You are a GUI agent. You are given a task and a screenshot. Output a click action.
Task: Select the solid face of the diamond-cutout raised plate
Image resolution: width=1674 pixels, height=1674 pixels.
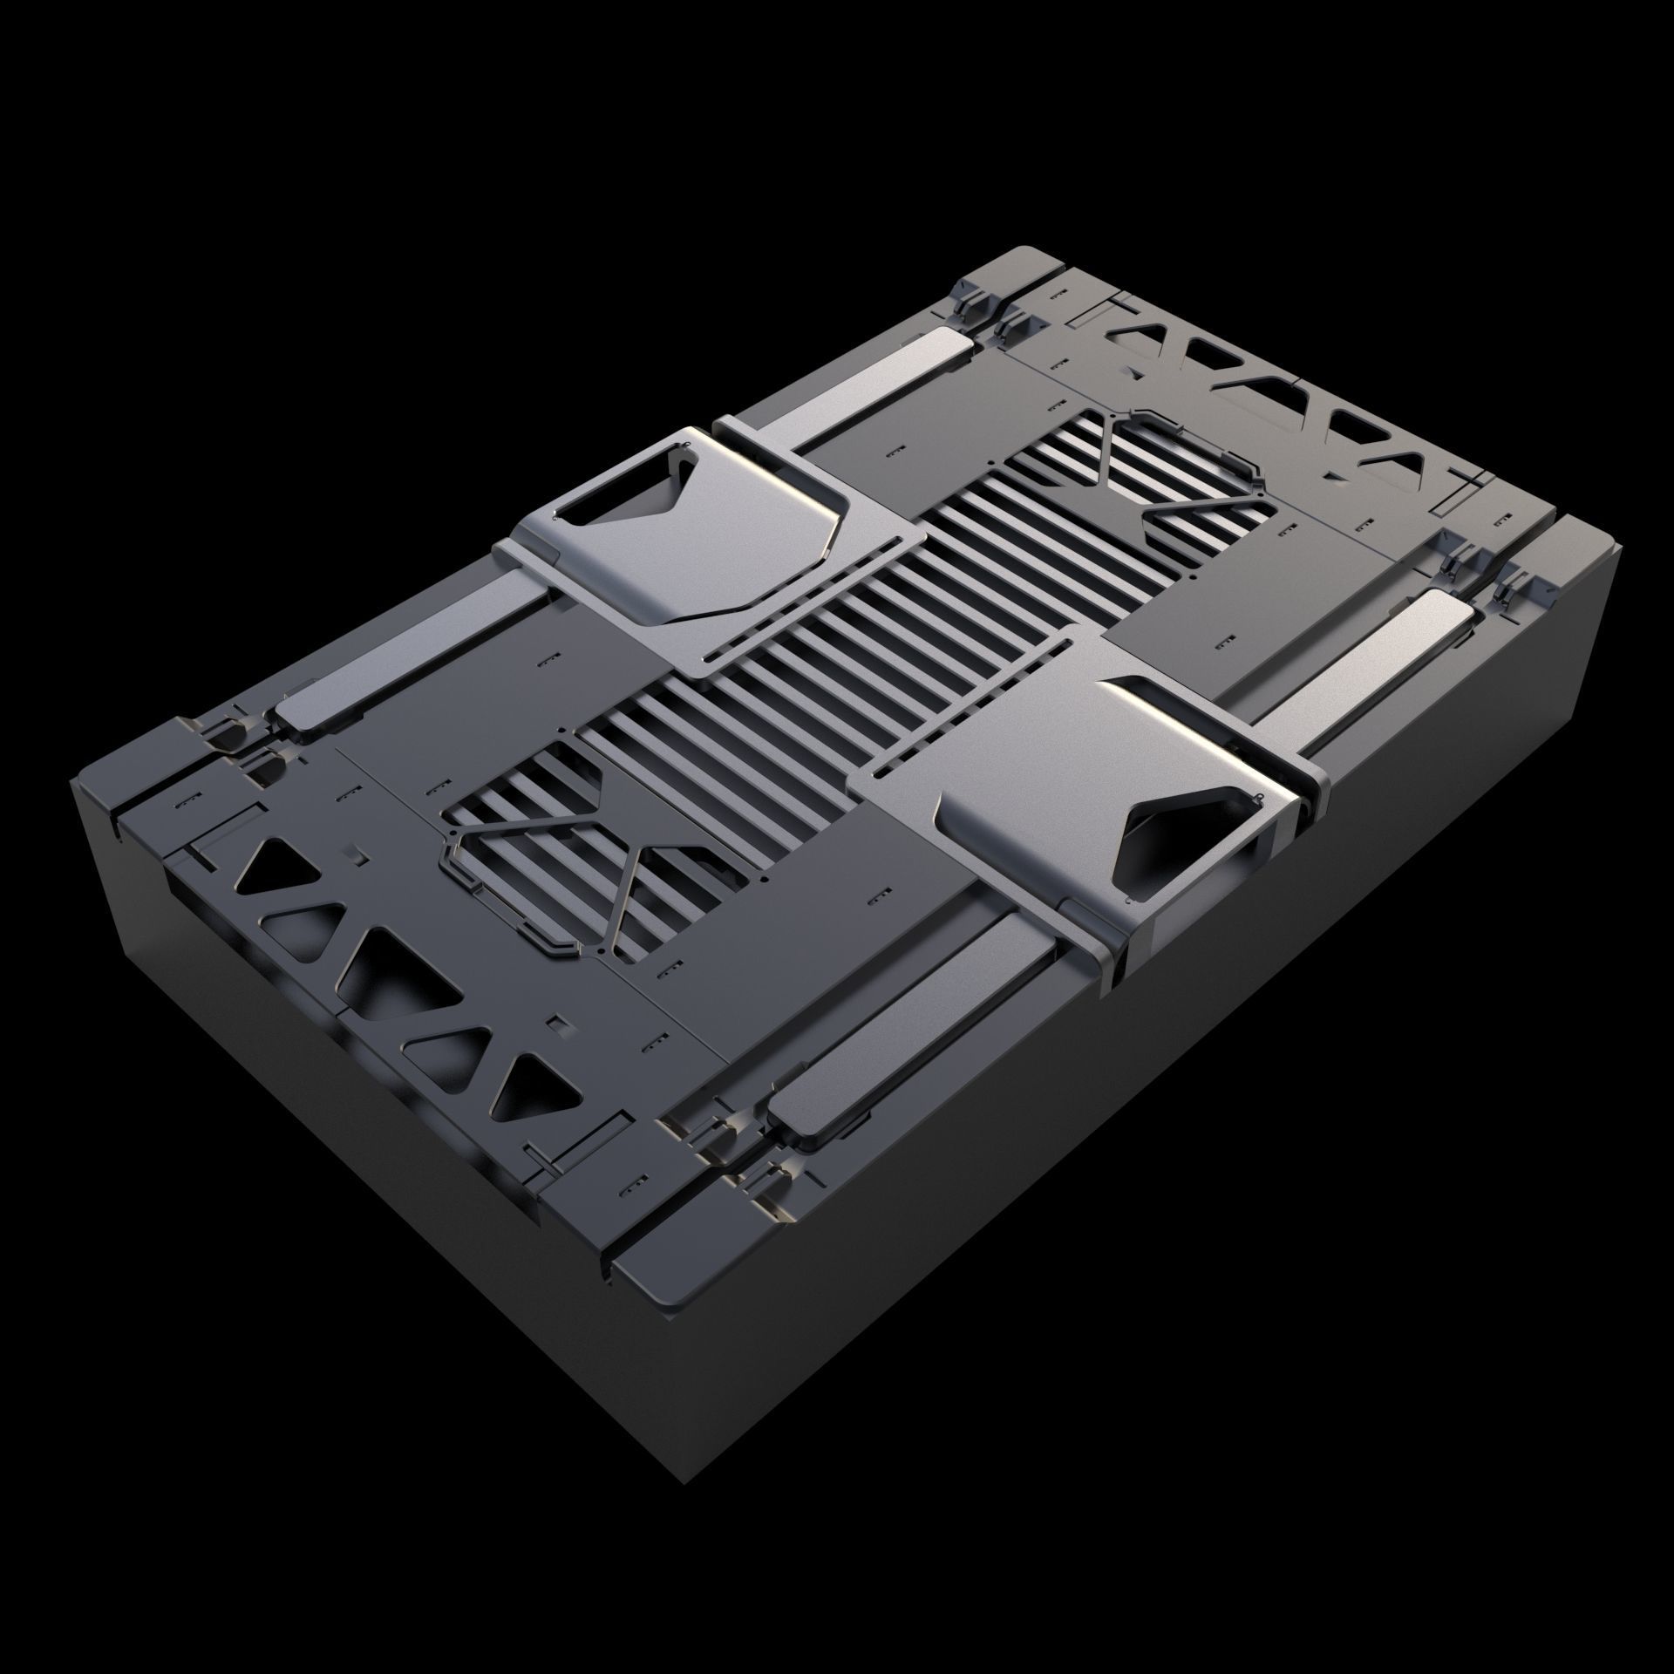tap(1029, 767)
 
